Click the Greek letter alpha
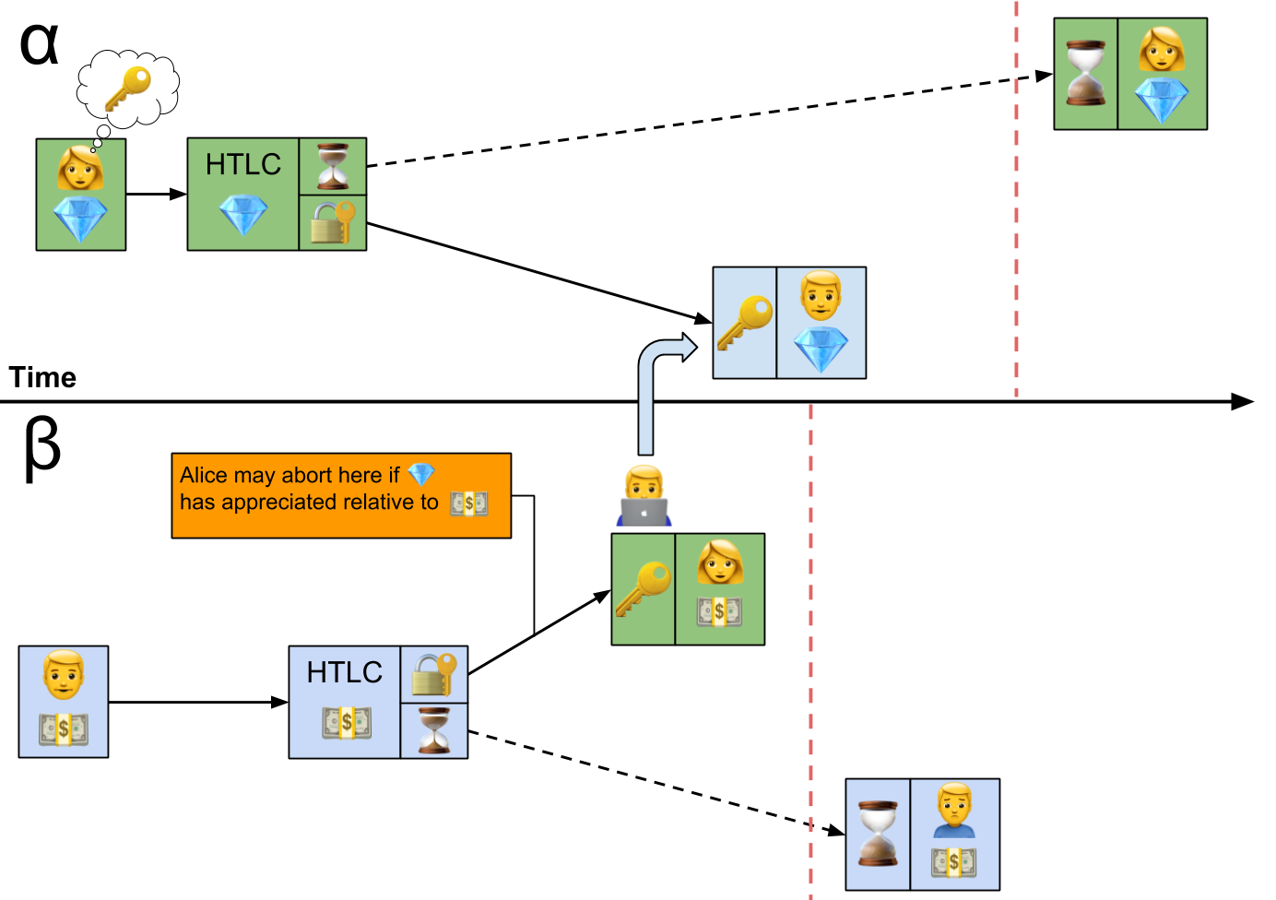point(40,44)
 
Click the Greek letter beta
point(41,448)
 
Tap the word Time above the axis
point(42,377)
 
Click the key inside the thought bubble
point(128,87)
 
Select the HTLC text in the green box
point(242,164)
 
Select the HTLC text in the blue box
point(344,672)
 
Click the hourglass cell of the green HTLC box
point(333,166)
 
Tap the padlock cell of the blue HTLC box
point(434,674)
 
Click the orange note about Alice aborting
point(340,495)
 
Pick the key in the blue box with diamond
point(744,322)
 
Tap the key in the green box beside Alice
point(643,588)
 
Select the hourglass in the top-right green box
point(1085,73)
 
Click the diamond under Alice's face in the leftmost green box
point(80,219)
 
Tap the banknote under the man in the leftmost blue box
point(64,728)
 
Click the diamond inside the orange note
point(421,474)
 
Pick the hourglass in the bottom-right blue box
point(878,834)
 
